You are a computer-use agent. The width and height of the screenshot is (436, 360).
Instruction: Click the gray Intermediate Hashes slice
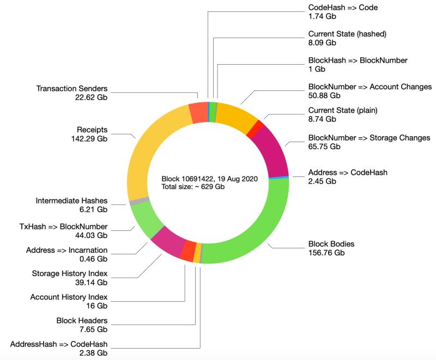click(x=132, y=202)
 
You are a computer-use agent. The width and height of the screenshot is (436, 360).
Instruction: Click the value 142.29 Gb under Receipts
click(x=92, y=139)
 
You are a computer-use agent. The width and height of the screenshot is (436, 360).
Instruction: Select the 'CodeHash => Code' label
click(x=343, y=8)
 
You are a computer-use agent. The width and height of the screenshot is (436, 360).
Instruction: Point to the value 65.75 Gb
click(x=324, y=147)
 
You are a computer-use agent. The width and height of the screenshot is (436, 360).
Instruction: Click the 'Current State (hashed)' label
click(x=347, y=34)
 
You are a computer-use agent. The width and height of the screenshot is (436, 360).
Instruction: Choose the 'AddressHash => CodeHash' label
click(x=59, y=344)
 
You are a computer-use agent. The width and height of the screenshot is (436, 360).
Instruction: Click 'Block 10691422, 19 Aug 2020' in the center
click(x=209, y=179)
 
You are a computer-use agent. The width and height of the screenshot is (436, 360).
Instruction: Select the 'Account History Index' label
click(x=69, y=297)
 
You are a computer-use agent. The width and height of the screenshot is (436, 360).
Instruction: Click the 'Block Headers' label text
click(x=82, y=320)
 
